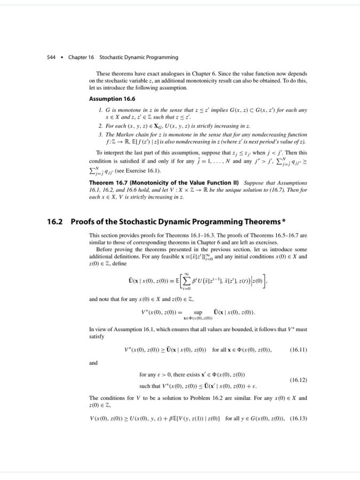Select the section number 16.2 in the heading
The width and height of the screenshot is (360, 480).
[x=57, y=221]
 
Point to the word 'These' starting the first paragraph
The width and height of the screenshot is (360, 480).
[x=102, y=73]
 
